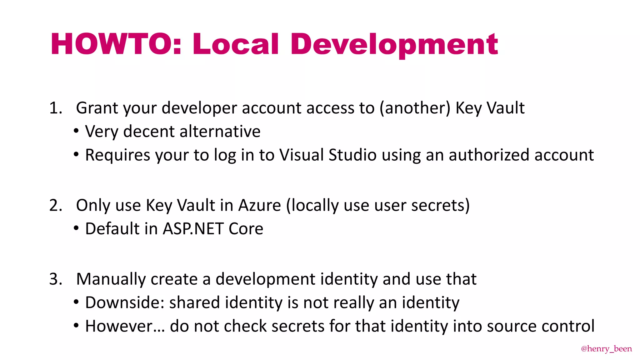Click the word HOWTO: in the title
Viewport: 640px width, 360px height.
click(x=116, y=44)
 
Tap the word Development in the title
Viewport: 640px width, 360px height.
click(x=394, y=44)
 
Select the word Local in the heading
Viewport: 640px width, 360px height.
click(x=235, y=44)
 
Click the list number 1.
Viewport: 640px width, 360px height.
click(x=55, y=108)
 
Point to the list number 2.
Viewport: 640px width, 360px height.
click(x=56, y=206)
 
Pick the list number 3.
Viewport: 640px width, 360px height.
click(x=56, y=279)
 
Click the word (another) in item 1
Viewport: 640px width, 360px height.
click(x=415, y=108)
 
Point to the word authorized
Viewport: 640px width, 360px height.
click(x=489, y=155)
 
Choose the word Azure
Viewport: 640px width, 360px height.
click(x=260, y=206)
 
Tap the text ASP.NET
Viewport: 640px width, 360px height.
click(x=193, y=229)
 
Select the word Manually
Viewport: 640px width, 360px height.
click(x=111, y=279)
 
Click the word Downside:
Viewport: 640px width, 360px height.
click(x=125, y=302)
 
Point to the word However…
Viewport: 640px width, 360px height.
click(x=125, y=326)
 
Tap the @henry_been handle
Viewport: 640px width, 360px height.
click(x=606, y=349)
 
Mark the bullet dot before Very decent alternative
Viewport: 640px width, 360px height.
click(x=76, y=131)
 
